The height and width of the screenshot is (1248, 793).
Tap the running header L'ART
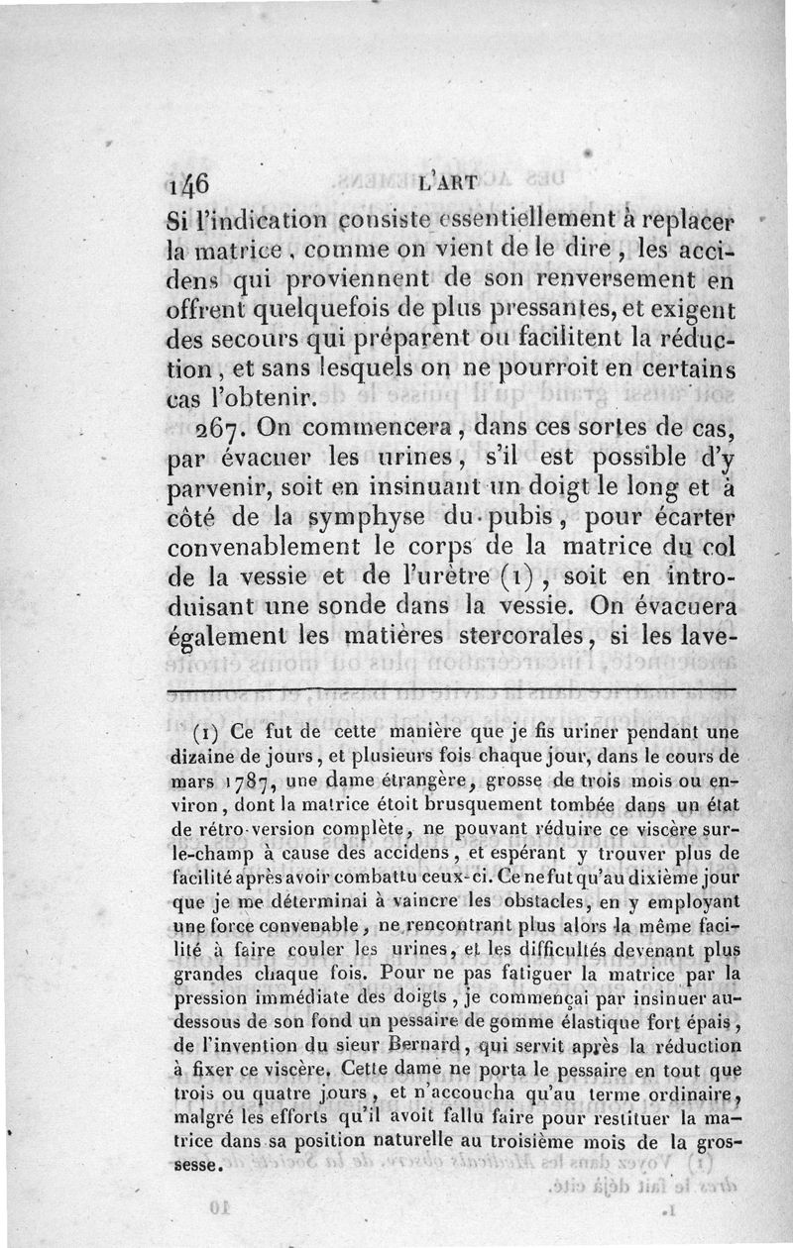(448, 181)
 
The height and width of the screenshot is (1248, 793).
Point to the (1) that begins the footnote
(210, 734)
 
